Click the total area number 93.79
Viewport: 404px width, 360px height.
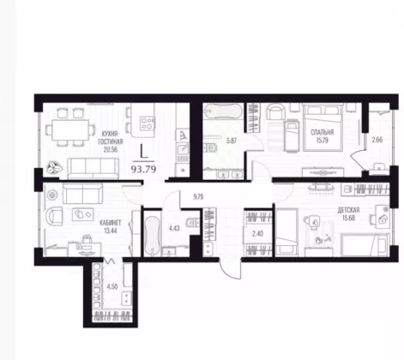143,170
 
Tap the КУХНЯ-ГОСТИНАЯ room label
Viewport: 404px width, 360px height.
111,138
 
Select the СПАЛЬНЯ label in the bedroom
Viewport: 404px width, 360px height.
323,132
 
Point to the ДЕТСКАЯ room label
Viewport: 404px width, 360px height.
348,210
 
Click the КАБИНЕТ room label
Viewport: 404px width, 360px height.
111,223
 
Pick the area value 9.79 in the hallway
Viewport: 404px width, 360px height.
198,196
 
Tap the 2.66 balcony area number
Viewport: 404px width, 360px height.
377,140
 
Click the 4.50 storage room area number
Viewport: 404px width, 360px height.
112,286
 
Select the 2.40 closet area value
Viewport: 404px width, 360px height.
257,234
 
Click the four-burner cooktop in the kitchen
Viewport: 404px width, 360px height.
148,123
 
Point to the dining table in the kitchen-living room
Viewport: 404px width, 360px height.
70,130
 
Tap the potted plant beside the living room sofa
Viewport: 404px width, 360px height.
54,168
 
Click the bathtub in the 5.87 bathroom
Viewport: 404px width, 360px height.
223,111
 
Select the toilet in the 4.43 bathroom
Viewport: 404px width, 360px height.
192,223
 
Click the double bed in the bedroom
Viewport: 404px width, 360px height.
323,127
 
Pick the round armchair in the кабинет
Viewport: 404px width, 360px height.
54,216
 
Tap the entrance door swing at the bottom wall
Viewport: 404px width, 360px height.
230,268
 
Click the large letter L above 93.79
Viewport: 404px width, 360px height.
143,151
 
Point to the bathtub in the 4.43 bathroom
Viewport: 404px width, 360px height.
152,236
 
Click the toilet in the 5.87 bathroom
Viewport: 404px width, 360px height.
211,147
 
